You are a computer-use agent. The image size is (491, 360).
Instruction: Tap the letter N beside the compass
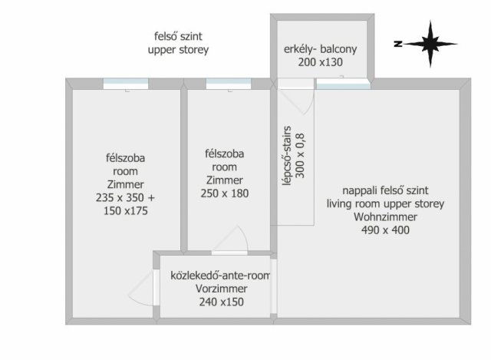coord(398,43)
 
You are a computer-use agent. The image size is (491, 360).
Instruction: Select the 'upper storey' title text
coord(178,50)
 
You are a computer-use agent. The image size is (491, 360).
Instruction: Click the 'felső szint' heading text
coord(178,36)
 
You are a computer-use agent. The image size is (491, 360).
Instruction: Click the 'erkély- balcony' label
coord(321,50)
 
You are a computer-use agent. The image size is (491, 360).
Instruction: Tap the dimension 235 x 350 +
coord(125,197)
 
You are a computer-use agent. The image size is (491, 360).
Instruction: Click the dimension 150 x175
coord(125,210)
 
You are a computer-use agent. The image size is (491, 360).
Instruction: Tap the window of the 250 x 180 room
coord(223,83)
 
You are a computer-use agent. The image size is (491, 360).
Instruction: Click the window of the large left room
coord(126,83)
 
